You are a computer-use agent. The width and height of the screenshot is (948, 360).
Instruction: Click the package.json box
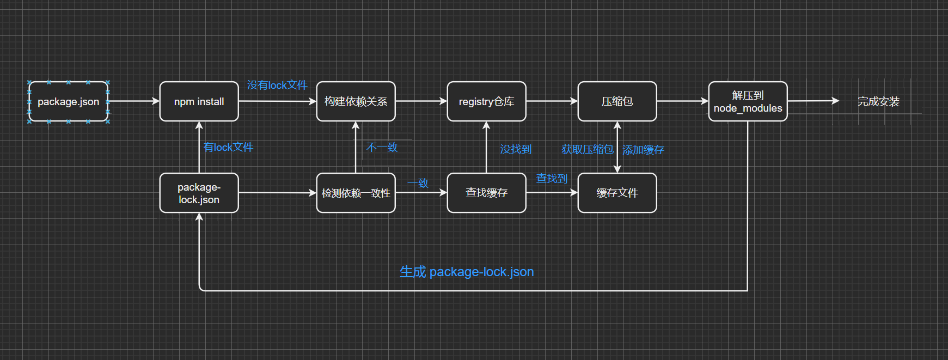[x=68, y=102]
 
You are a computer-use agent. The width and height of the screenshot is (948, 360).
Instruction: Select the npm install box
[x=199, y=102]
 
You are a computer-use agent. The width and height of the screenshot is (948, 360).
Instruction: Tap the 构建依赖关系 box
[x=356, y=102]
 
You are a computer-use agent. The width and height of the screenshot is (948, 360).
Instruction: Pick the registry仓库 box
[x=486, y=102]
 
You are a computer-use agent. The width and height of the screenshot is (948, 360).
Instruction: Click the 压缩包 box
[x=617, y=102]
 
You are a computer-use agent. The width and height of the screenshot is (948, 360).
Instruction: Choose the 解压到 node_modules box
[x=748, y=102]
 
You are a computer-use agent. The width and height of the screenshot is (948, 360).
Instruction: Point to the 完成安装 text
[x=878, y=102]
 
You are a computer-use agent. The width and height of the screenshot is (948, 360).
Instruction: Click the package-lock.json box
[x=199, y=193]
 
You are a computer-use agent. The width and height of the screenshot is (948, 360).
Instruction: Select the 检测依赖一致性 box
[x=356, y=193]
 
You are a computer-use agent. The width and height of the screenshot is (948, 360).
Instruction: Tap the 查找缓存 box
[x=486, y=193]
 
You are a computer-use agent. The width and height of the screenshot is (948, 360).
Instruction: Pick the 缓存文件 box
[x=617, y=193]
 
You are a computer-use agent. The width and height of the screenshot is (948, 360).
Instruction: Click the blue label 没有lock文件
[x=277, y=86]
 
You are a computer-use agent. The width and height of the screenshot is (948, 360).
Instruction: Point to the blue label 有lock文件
[x=228, y=148]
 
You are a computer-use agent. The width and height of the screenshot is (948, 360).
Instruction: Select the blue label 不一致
[x=382, y=148]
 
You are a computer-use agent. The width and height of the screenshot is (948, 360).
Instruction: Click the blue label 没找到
[x=516, y=149]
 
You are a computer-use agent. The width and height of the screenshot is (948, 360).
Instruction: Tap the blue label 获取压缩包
[x=587, y=149]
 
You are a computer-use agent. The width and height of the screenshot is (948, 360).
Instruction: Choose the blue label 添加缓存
[x=643, y=150]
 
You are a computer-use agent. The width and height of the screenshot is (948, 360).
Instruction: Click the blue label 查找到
[x=552, y=179]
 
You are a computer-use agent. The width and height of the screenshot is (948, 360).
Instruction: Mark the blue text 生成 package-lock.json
[x=467, y=272]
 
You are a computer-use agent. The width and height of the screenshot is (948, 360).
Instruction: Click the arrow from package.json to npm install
[x=133, y=101]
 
